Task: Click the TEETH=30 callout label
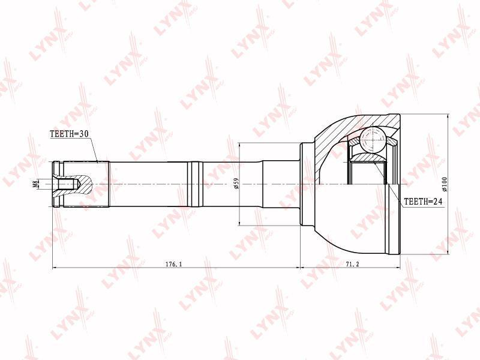(69, 133)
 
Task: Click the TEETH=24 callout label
(423, 202)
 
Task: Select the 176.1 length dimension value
(174, 264)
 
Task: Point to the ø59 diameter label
(236, 184)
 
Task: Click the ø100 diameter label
(445, 184)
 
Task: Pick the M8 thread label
(35, 184)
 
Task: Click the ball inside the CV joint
(373, 139)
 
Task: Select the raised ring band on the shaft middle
(195, 184)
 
